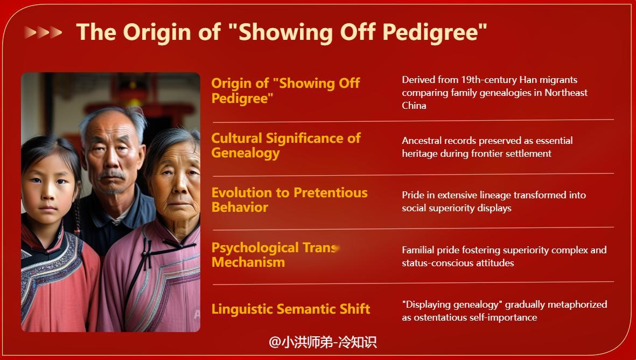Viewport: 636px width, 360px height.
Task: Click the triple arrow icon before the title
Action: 43,32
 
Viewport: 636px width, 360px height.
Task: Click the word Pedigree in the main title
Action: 435,32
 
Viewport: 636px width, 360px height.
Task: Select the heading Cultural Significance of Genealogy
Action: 285,146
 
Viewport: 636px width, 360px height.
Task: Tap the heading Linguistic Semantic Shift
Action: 290,309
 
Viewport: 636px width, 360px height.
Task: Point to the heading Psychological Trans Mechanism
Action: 275,255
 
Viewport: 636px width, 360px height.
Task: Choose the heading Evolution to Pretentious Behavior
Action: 289,200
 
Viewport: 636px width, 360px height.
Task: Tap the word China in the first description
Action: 414,106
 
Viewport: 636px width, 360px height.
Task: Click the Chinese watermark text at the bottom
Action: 323,342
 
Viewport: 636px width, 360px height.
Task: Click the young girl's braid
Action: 76,213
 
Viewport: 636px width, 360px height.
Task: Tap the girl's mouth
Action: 48,208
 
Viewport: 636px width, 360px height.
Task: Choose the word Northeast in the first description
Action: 566,93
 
